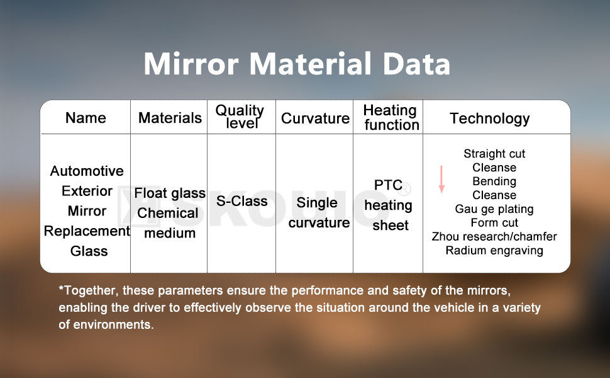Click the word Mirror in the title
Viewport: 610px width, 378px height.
(191, 64)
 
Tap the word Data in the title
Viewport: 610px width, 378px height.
(417, 64)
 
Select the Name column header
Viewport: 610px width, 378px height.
(86, 118)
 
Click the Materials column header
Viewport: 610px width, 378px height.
(170, 118)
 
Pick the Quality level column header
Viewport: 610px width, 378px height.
(240, 117)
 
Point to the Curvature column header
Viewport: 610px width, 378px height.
(315, 118)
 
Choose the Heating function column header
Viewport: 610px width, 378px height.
(391, 117)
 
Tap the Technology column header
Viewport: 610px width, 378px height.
(490, 118)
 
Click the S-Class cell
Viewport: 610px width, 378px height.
(242, 201)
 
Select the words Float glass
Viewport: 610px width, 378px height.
(170, 193)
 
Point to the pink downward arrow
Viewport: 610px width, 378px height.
(441, 180)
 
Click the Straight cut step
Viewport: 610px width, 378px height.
(494, 154)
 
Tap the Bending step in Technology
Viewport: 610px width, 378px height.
(494, 181)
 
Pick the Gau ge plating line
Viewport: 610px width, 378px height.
(494, 209)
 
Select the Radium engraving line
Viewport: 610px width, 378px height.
(494, 250)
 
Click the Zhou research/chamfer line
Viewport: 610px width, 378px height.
(494, 236)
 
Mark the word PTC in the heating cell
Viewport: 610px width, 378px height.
(388, 185)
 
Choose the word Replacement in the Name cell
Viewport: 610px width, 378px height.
(87, 231)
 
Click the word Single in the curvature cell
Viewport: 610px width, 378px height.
(317, 203)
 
